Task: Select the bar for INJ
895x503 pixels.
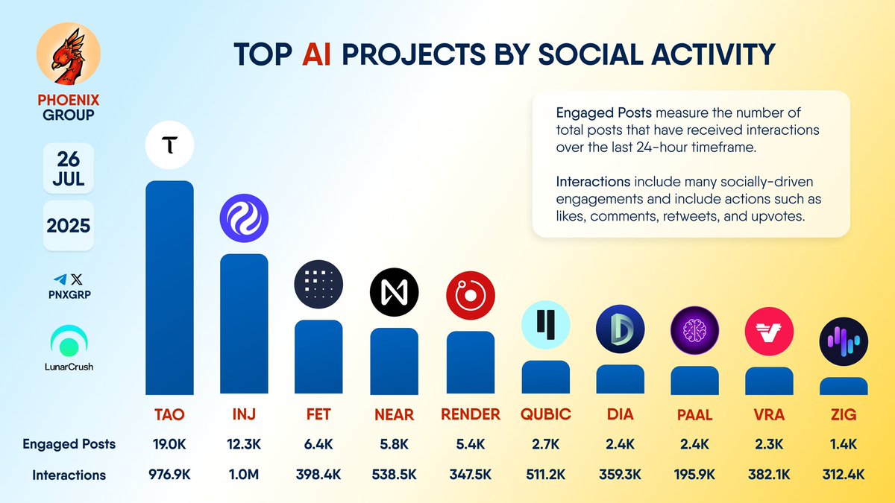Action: click(244, 324)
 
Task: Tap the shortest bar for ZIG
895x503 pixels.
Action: click(844, 386)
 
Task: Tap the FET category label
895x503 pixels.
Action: click(319, 414)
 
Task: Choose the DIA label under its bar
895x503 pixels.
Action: click(620, 414)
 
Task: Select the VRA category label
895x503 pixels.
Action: click(769, 414)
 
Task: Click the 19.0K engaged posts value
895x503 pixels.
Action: click(169, 444)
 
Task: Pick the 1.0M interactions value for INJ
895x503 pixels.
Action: click(244, 475)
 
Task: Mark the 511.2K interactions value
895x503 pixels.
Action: click(545, 475)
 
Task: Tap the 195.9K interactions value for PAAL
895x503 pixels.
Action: click(694, 475)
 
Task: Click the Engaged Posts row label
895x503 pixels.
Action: click(69, 444)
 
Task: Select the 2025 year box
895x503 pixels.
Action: click(69, 225)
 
